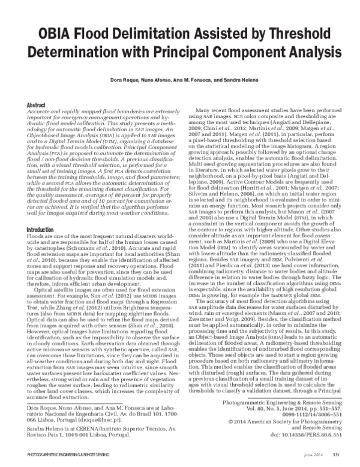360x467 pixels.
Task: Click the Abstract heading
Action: pyautogui.click(x=37, y=104)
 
